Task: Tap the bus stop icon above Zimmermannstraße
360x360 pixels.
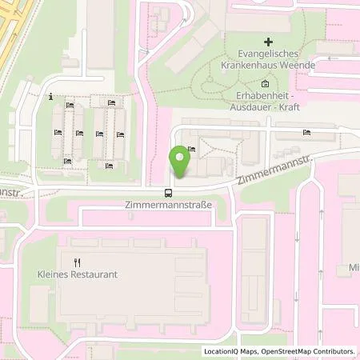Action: (168, 192)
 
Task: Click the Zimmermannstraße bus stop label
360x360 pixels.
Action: (168, 205)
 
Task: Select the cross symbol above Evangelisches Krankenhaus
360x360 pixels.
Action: (268, 40)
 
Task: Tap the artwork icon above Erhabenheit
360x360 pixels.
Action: (266, 83)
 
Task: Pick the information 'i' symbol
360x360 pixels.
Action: (51, 98)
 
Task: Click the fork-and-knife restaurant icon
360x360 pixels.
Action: (78, 261)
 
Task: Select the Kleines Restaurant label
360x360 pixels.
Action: (78, 274)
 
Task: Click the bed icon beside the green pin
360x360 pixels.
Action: (191, 149)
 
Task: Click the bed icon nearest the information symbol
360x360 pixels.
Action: (70, 106)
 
